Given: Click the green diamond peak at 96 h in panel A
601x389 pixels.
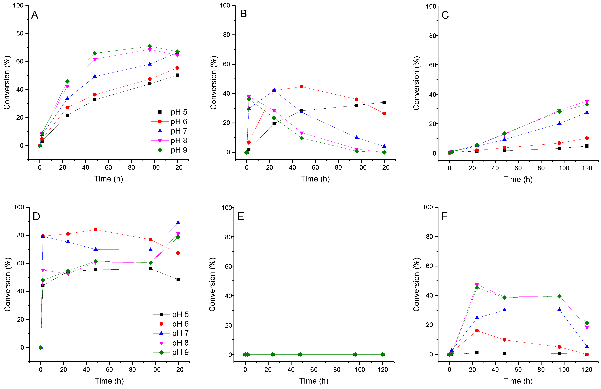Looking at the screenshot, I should coord(150,46).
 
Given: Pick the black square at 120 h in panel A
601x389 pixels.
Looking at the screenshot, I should coord(177,75).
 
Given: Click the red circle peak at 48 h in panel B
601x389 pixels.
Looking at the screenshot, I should coord(301,87).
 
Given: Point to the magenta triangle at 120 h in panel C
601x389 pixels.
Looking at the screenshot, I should coord(587,101).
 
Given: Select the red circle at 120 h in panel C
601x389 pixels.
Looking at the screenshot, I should coord(587,138).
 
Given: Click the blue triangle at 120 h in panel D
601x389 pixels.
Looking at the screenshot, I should coord(178,222).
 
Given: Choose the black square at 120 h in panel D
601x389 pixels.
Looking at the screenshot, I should coord(178,279).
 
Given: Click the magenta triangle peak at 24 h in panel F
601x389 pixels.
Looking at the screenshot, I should coord(477,285).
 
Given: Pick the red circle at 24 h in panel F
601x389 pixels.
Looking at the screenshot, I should coord(477,330).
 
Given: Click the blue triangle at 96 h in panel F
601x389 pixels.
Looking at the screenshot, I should coord(559,309).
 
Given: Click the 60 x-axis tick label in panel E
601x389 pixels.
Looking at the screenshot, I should coord(314,370).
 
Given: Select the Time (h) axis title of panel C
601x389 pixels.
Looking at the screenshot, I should coord(518,180).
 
